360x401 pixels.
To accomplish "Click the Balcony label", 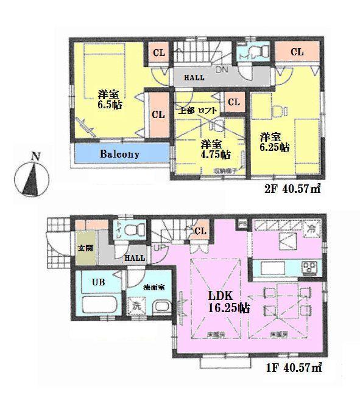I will [x=119, y=155].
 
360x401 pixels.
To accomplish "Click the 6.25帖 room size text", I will [x=275, y=141].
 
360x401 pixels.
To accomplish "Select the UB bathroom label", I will [x=98, y=282].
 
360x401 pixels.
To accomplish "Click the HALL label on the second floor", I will [x=194, y=78].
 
